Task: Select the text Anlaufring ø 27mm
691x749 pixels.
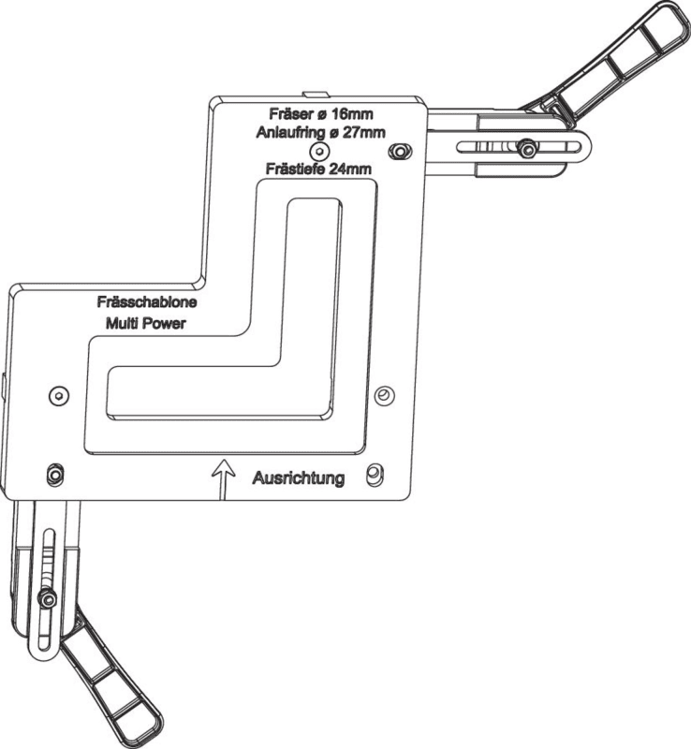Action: pos(319,132)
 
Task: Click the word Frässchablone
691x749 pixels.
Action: pos(146,302)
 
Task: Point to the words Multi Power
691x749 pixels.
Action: pos(147,323)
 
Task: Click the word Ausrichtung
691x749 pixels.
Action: pos(299,477)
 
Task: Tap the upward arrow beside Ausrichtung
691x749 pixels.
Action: pos(223,476)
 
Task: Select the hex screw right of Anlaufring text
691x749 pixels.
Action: pos(403,150)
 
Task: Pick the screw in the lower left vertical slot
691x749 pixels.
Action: pos(47,597)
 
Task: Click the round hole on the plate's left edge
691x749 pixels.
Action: pos(58,395)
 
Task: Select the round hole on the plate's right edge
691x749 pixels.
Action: pos(382,396)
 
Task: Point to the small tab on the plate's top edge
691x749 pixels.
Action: pos(317,94)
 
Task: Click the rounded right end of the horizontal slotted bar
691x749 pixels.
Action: pos(583,148)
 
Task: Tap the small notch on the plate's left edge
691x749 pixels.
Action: pos(6,383)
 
